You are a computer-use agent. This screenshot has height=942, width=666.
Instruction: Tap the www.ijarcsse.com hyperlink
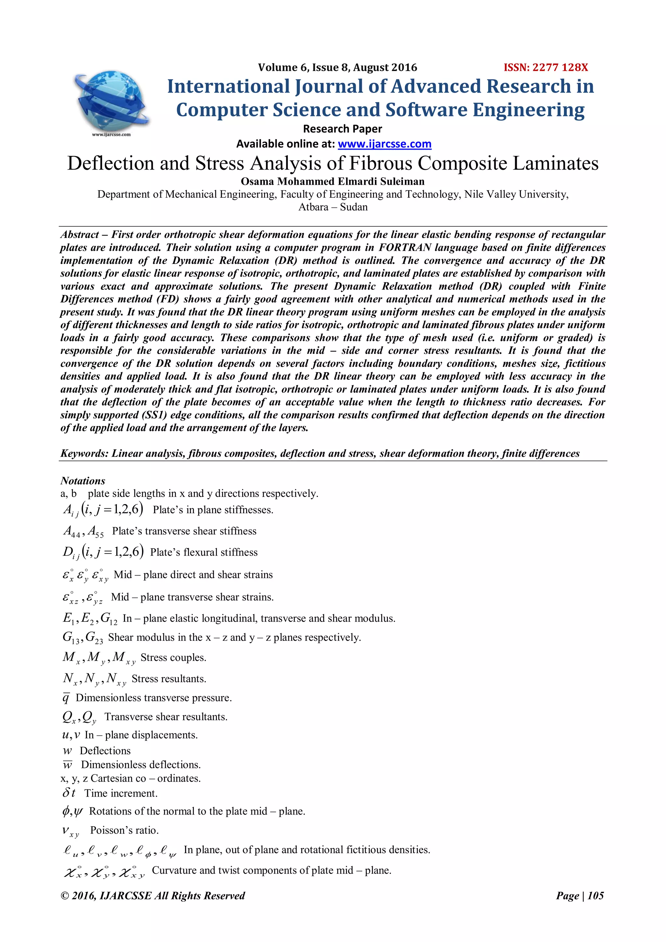tap(384, 144)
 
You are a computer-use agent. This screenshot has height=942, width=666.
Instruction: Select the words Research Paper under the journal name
tap(342, 129)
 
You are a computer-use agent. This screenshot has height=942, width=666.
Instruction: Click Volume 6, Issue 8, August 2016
tap(337, 68)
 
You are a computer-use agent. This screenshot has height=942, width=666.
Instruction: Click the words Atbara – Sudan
tap(333, 207)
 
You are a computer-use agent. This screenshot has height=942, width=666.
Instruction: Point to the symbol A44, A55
tap(83, 531)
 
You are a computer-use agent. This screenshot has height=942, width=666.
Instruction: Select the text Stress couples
tap(173, 658)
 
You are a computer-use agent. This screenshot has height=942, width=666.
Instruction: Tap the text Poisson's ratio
tap(124, 830)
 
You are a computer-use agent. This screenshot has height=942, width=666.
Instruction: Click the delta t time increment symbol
tap(69, 793)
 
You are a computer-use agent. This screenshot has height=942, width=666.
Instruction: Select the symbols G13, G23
tap(82, 638)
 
